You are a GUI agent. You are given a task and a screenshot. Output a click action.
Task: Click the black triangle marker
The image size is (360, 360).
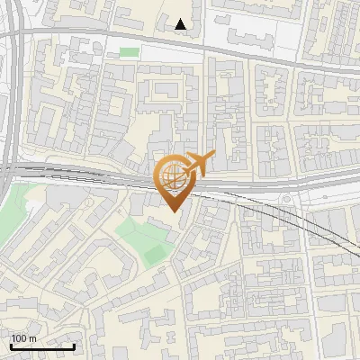pyautogui.click(x=182, y=24)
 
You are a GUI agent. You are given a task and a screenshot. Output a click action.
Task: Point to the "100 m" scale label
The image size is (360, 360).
pyautogui.click(x=23, y=338)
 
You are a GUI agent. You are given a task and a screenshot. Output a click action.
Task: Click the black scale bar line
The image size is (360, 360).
pyautogui.click(x=41, y=346)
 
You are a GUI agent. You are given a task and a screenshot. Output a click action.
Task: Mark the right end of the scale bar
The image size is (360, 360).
pyautogui.click(x=74, y=346)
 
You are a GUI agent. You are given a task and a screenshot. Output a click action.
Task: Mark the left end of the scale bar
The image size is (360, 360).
pyautogui.click(x=10, y=346)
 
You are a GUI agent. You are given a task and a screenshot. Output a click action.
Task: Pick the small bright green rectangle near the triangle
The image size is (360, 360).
pyautogui.click(x=130, y=52)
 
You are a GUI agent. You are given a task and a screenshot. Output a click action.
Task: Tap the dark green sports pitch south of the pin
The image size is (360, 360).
pyautogui.click(x=155, y=255)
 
